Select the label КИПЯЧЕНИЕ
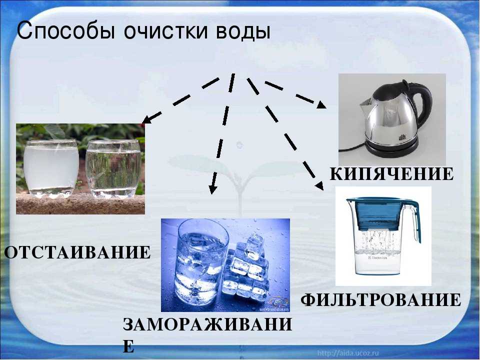(x=392, y=174)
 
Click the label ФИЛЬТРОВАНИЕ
(x=381, y=300)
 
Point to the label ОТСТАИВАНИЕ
(x=77, y=253)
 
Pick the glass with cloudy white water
(x=51, y=168)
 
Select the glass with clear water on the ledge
(x=113, y=169)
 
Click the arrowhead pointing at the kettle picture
(x=321, y=104)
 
